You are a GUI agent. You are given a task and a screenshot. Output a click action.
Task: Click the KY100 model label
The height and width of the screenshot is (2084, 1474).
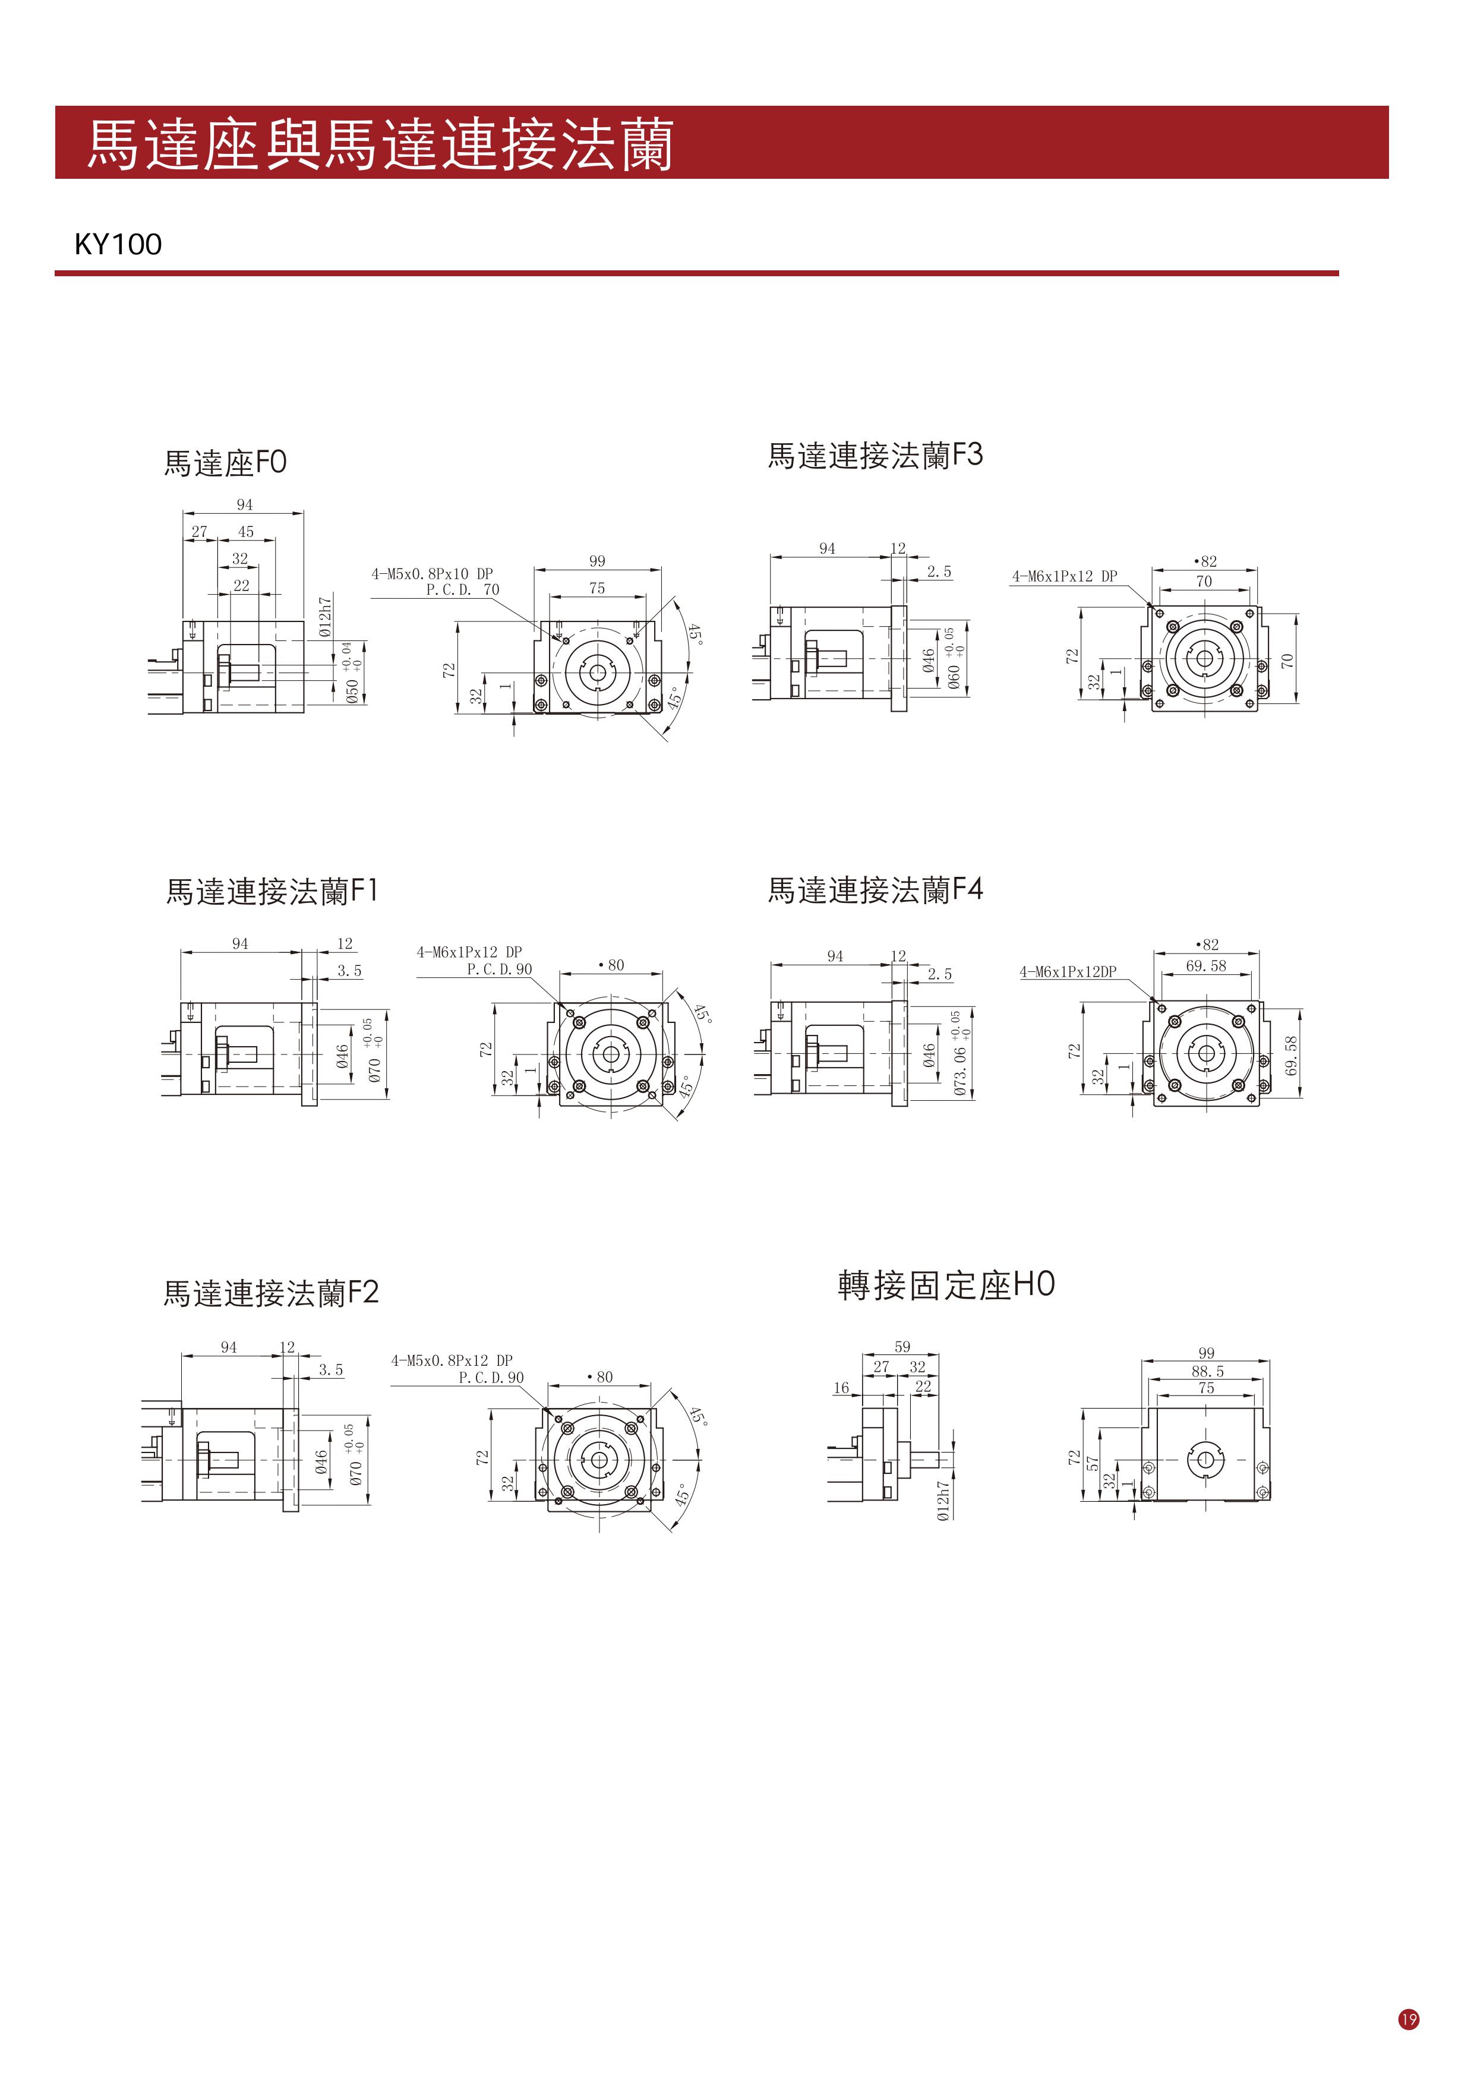pos(118,244)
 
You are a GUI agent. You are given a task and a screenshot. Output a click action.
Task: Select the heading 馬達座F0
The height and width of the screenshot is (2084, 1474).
pos(225,463)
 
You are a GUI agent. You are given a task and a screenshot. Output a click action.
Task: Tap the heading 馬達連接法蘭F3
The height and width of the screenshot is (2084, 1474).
pos(875,454)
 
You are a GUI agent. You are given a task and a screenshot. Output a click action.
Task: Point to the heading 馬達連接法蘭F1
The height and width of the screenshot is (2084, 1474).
pos(272,891)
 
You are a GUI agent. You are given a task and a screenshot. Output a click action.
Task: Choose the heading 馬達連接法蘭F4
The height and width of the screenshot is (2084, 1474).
pos(875,889)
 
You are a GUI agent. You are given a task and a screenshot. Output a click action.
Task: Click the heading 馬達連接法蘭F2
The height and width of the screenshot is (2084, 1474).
pos(270,1293)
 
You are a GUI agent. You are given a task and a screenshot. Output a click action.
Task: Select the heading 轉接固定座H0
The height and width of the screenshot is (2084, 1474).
pos(946,1284)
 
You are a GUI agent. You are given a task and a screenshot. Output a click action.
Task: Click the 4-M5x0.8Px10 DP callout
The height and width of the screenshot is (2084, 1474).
pos(432,574)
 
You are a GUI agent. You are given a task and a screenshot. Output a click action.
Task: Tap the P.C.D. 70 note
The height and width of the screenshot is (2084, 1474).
pos(463,590)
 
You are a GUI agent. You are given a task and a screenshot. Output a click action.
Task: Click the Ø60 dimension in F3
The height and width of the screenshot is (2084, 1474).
pos(953,677)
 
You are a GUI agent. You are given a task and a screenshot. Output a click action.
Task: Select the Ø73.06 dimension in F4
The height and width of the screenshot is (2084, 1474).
pos(960,1071)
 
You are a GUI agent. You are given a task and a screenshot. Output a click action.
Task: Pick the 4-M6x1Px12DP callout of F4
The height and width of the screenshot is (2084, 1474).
pos(1068,972)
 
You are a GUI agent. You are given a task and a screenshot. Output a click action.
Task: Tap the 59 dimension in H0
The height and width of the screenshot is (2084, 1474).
pos(902,1347)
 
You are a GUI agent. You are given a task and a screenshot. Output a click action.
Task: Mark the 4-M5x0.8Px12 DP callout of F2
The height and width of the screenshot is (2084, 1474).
pos(452,1360)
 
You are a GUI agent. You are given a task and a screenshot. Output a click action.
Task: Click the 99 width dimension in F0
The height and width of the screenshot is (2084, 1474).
pos(597,561)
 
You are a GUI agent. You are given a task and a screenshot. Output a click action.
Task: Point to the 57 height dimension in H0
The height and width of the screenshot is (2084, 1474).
pos(1093,1463)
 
